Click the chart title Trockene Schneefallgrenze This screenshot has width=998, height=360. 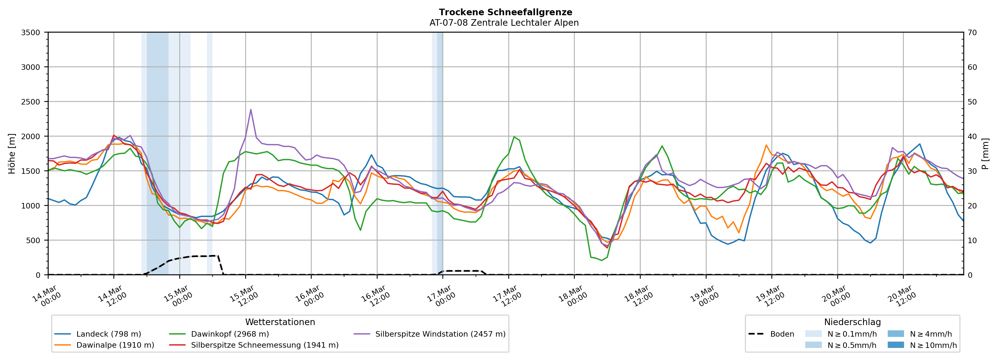tap(505, 12)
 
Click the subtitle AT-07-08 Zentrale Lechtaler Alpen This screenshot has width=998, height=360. tap(504, 23)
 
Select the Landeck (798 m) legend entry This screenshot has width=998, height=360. tap(108, 334)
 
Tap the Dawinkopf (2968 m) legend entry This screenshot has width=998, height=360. tap(230, 334)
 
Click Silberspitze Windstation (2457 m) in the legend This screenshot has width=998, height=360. tap(440, 334)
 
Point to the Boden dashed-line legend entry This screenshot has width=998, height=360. tap(782, 334)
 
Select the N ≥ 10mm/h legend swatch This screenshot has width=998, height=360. tap(895, 345)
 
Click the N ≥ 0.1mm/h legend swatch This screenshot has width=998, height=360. tap(813, 334)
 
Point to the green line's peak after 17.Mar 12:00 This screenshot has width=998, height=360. tap(514, 137)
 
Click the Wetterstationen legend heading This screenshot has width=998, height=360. tap(280, 322)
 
